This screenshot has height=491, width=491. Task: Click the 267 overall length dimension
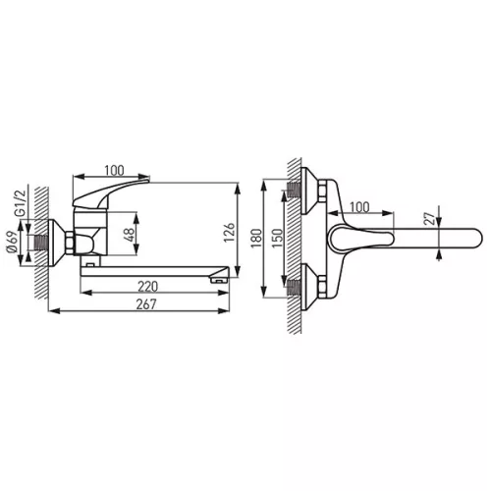[146, 304]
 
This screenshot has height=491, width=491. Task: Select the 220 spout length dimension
[147, 287]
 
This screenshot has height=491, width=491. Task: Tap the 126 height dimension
[230, 232]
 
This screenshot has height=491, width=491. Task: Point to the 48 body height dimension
[130, 235]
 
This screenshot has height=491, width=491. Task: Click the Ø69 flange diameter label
[12, 242]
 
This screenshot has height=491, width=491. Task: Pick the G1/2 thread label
[21, 202]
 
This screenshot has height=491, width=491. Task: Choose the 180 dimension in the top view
[256, 239]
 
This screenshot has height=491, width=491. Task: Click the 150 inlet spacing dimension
[277, 239]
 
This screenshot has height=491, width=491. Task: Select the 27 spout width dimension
[429, 219]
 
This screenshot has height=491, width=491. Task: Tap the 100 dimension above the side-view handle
[114, 171]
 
